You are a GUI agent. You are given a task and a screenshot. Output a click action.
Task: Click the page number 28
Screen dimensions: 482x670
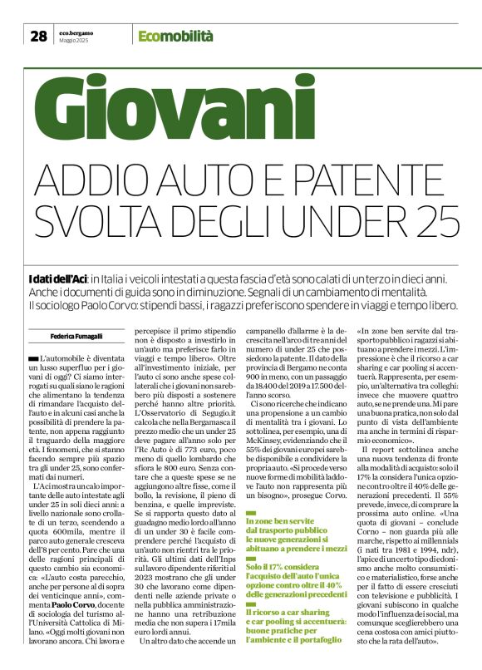click(x=38, y=36)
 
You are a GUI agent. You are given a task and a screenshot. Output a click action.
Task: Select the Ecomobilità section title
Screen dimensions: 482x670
click(x=175, y=36)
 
